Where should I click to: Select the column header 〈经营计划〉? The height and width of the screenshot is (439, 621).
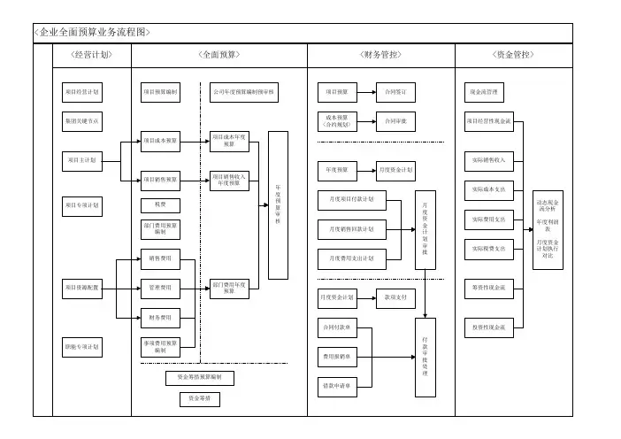(x=89, y=55)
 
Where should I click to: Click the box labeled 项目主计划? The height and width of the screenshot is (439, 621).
(x=83, y=160)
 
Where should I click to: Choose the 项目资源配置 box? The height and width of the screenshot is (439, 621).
(x=83, y=288)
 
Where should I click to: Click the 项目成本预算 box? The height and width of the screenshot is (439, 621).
(x=160, y=140)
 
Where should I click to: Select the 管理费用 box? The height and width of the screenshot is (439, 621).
(x=160, y=288)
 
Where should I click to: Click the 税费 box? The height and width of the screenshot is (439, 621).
(x=160, y=205)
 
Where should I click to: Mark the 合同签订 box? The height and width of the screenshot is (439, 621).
(x=395, y=91)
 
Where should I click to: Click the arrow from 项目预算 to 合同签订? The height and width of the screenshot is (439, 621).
(x=366, y=91)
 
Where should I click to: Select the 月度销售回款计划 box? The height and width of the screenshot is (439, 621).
(x=351, y=229)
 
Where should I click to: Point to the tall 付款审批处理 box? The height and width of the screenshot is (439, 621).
(x=426, y=354)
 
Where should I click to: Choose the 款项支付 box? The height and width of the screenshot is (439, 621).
(x=395, y=298)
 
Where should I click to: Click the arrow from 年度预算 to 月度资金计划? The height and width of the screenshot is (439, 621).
(x=366, y=168)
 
